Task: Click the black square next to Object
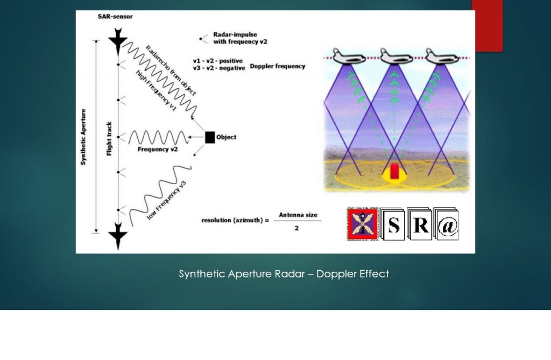(209, 137)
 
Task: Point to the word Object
(226, 137)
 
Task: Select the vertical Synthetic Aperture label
(83, 137)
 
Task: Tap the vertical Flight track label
(109, 137)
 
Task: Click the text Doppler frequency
(278, 66)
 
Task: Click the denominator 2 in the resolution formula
(296, 228)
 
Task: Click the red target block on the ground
(394, 171)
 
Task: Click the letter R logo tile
(420, 225)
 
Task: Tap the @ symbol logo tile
(447, 226)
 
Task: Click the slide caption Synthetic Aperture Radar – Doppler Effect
(284, 274)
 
